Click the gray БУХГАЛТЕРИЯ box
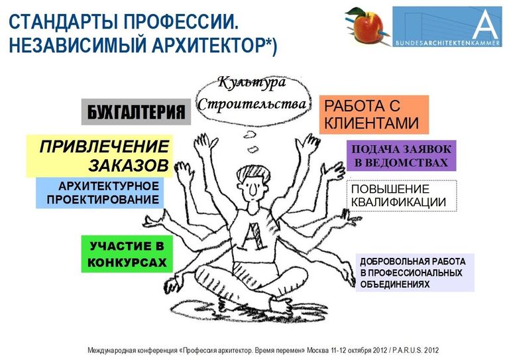[136, 112]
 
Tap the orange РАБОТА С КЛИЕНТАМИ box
[374, 115]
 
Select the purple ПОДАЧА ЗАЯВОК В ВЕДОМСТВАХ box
[401, 156]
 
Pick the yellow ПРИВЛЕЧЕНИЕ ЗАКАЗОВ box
[99, 156]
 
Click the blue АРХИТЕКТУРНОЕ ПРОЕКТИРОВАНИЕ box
[99, 193]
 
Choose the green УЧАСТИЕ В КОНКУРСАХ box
[127, 254]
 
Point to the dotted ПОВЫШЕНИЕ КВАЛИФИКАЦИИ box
[402, 196]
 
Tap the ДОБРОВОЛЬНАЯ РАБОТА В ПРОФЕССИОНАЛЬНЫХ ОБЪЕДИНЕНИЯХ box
[415, 272]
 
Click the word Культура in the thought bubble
[252, 83]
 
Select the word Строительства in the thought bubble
[252, 104]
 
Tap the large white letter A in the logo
[486, 25]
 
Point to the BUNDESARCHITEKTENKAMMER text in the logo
[447, 43]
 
